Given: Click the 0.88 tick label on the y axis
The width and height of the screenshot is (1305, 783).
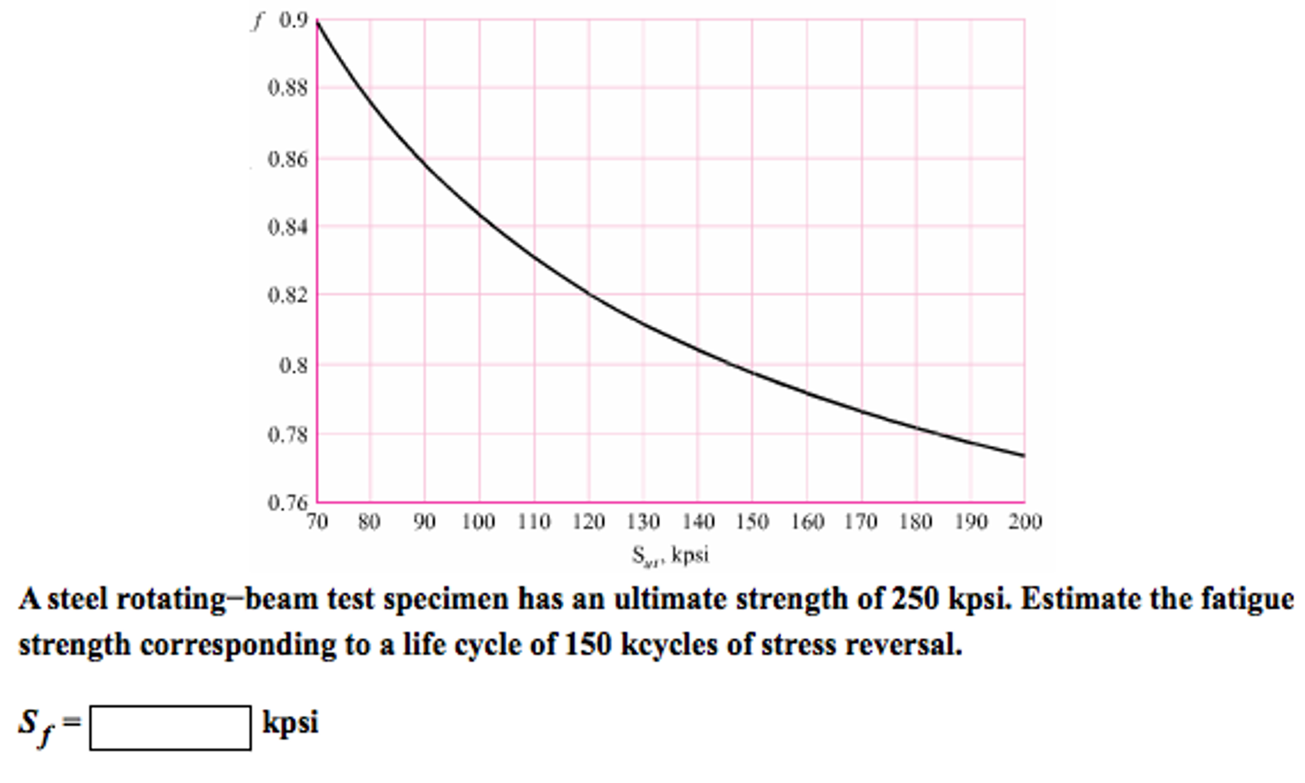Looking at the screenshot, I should [x=288, y=88].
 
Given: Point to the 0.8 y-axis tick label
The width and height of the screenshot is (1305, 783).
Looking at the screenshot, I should [x=293, y=366].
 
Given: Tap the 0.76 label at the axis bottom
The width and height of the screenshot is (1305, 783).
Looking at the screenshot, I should [x=288, y=503].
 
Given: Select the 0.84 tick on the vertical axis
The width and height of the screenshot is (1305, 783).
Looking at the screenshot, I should [x=288, y=227].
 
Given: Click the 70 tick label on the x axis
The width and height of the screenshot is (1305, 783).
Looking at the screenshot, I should [x=316, y=522].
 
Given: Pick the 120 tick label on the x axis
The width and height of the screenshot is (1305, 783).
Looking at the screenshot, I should [x=588, y=522].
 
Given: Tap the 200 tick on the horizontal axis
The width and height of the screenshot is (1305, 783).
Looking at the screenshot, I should [x=1024, y=522].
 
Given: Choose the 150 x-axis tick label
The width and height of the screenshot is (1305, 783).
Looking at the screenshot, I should [x=752, y=522].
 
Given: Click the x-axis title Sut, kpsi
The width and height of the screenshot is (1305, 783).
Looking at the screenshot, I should [x=670, y=555].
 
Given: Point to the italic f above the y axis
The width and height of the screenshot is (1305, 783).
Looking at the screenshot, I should [x=257, y=22].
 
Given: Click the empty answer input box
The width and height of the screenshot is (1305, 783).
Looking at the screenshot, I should [x=170, y=728].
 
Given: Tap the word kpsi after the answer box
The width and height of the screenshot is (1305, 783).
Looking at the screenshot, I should [x=290, y=723].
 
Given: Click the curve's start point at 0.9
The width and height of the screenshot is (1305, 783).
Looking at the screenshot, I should [x=317, y=21].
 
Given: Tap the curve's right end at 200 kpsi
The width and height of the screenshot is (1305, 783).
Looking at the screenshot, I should [x=1024, y=455].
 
